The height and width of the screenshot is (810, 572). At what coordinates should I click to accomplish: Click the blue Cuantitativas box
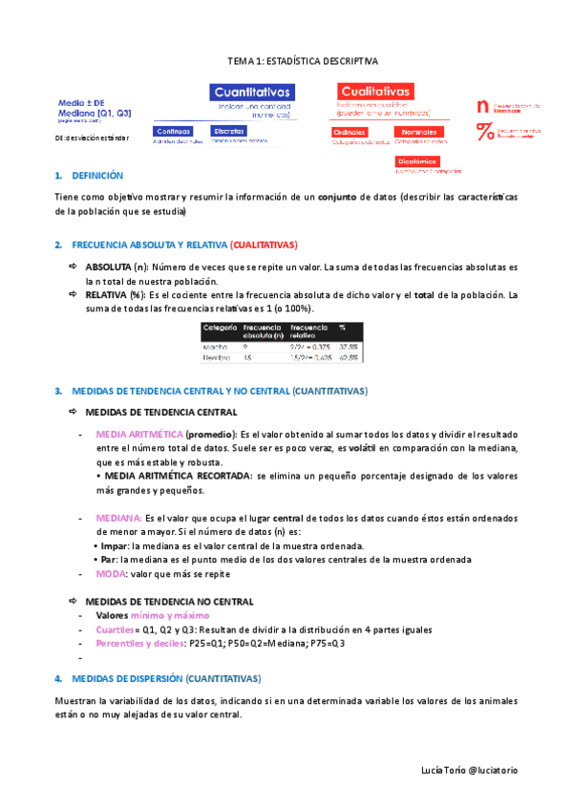(252, 92)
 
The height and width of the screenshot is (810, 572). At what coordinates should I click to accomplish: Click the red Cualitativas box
(374, 90)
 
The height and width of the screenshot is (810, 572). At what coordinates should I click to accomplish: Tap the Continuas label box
(174, 131)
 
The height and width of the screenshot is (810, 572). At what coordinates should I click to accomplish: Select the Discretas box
(230, 131)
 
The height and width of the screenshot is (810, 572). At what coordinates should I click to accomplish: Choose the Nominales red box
(419, 132)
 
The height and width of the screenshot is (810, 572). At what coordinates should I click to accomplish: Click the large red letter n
(482, 105)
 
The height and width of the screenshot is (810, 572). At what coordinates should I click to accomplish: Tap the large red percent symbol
(484, 132)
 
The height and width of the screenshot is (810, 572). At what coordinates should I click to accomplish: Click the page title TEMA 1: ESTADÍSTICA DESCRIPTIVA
(302, 60)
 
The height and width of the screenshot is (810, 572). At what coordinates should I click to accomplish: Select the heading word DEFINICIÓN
(97, 176)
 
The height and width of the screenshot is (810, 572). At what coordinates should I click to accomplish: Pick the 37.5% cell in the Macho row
(348, 347)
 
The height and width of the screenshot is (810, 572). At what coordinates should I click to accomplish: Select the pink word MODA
(110, 574)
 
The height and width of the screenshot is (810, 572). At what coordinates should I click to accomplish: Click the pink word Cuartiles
(116, 629)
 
